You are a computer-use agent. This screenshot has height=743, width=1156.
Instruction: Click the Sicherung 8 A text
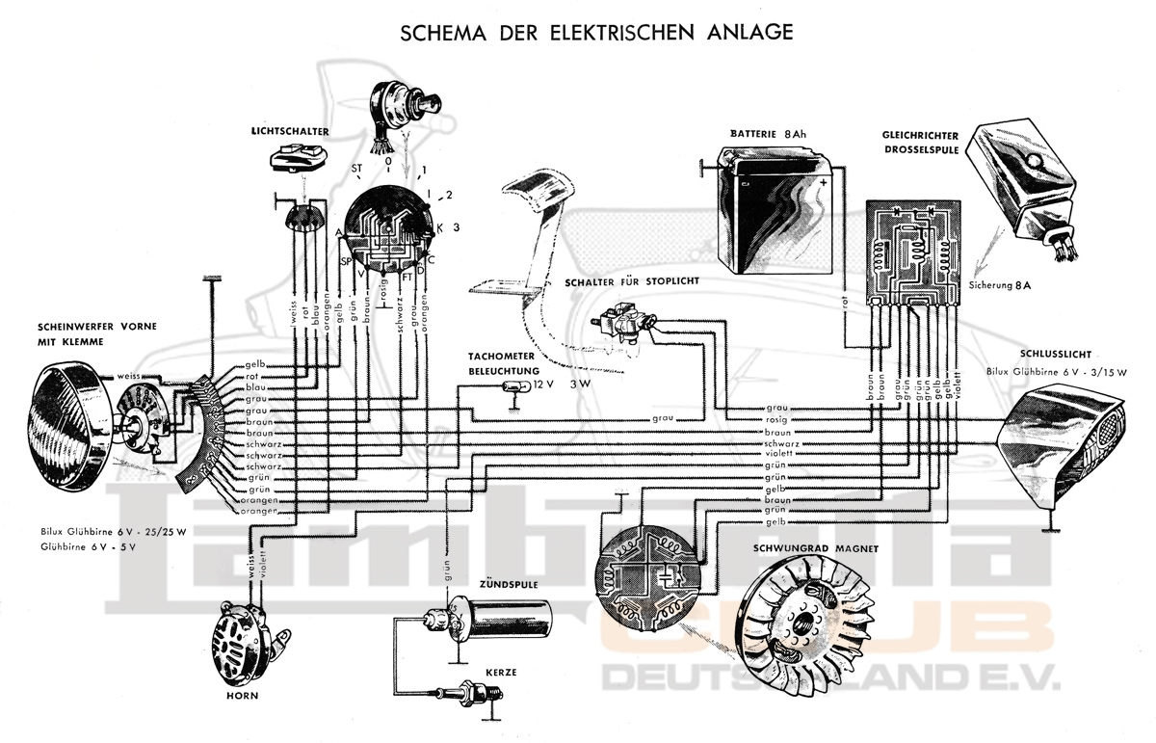coord(1005,287)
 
